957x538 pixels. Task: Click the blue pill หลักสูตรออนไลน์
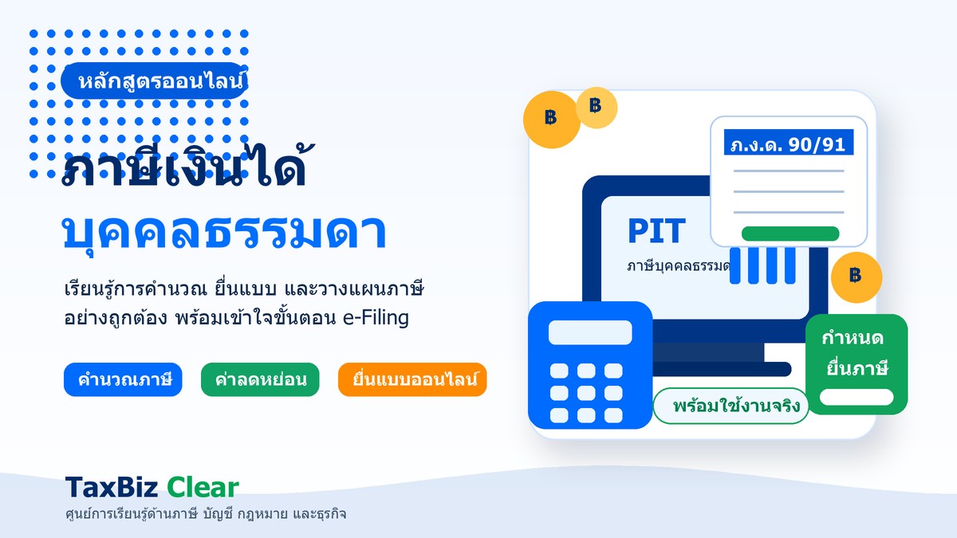pos(154,81)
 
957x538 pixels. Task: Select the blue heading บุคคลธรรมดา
pos(225,231)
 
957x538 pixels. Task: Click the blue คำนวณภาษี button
pos(123,379)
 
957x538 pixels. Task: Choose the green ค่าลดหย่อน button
pos(260,379)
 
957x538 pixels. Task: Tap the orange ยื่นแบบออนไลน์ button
pos(412,379)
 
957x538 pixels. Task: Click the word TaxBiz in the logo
pos(112,487)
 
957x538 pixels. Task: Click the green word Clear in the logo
pos(203,487)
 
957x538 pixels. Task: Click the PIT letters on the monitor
pos(656,230)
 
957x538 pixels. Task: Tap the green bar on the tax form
pos(790,234)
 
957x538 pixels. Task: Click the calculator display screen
pos(590,332)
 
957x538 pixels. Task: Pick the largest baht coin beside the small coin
pos(552,120)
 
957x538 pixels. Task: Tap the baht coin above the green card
pos(857,277)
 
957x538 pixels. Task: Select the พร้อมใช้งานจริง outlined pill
pos(731,406)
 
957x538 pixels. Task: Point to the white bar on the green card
pos(857,397)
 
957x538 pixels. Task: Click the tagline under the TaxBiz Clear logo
pos(206,514)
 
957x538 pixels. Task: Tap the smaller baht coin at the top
pos(597,108)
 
